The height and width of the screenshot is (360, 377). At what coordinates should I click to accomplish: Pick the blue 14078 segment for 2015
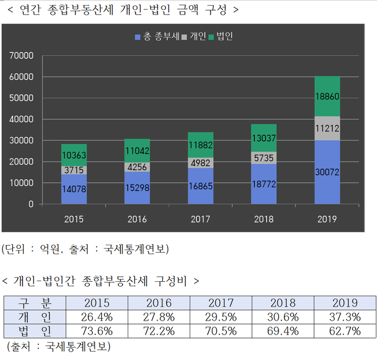click(x=74, y=190)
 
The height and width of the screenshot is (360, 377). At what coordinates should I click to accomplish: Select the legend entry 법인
click(x=221, y=37)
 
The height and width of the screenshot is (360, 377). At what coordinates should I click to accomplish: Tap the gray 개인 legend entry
click(x=194, y=37)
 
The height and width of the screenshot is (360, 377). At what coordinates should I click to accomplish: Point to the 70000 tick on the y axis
click(x=23, y=56)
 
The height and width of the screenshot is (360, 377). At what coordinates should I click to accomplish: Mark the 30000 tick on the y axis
click(x=23, y=141)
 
